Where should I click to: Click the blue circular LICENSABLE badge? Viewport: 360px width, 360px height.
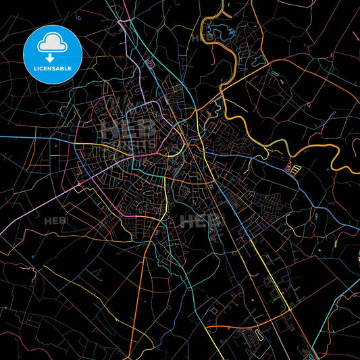(53, 54)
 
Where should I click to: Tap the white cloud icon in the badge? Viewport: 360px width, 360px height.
(53, 43)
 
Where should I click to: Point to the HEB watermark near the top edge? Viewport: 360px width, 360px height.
(203, 38)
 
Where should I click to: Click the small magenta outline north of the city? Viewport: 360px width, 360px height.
(149, 64)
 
